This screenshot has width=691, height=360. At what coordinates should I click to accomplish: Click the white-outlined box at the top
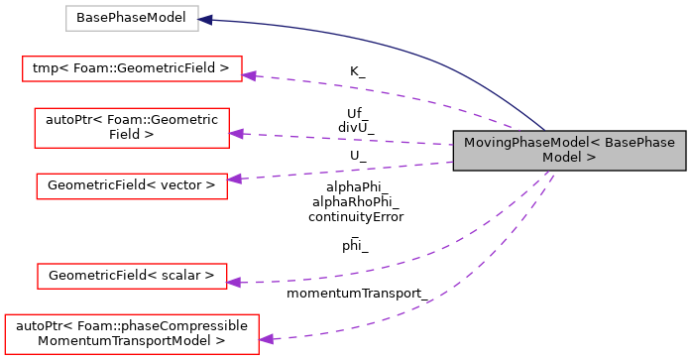click(132, 18)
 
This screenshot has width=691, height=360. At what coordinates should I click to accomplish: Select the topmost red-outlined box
click(132, 68)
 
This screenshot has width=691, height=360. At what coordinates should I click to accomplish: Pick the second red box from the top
click(132, 128)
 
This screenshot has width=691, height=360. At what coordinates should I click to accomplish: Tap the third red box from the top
click(132, 185)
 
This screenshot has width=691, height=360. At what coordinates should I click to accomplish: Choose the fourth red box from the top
click(132, 276)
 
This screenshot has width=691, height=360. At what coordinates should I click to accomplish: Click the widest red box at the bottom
click(132, 333)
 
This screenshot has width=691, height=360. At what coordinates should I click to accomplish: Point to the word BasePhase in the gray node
click(639, 143)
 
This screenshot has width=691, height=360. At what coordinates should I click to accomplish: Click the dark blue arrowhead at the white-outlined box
click(206, 19)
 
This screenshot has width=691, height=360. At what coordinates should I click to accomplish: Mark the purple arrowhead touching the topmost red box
click(250, 75)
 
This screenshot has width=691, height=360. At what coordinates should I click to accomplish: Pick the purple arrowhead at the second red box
click(237, 133)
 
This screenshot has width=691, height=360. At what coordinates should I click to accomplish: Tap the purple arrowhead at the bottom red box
click(267, 339)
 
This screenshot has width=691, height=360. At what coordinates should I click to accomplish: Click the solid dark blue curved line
click(397, 44)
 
